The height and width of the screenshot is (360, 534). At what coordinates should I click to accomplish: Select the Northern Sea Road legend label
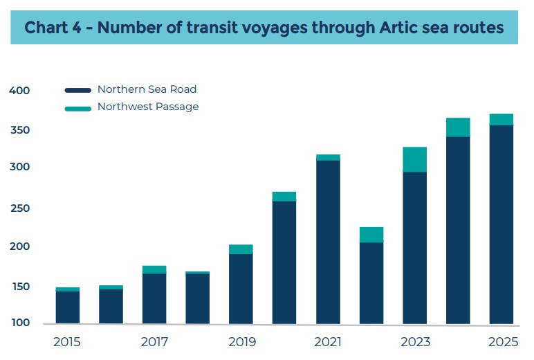tap(147, 89)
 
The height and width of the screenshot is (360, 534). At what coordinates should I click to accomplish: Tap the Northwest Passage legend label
tap(148, 107)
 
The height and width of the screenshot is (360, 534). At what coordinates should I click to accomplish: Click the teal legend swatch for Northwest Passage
tap(78, 108)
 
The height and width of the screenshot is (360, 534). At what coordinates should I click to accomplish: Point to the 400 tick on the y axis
tap(20, 91)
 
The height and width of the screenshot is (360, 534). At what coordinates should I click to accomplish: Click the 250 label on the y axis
tap(20, 208)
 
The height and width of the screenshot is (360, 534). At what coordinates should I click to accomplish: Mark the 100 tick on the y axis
tap(20, 323)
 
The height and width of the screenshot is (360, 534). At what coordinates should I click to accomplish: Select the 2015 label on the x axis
tap(67, 342)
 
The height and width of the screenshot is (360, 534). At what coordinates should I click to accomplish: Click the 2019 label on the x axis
tap(241, 342)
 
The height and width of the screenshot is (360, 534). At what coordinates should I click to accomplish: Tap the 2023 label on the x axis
tap(415, 342)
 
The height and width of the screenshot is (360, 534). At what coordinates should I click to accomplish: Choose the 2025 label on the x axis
tap(501, 342)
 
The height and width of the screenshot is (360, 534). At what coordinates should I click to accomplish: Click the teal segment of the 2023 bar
tap(415, 159)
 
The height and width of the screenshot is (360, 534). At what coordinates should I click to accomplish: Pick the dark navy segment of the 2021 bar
tap(328, 242)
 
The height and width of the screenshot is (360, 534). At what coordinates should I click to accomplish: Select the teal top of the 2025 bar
tap(501, 119)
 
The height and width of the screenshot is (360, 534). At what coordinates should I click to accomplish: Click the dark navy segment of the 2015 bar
tap(67, 307)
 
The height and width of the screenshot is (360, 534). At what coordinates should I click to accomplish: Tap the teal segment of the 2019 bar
tap(241, 249)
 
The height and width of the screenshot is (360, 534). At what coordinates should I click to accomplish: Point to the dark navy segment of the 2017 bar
tap(154, 298)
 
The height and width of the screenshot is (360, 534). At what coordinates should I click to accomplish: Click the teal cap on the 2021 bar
tap(328, 157)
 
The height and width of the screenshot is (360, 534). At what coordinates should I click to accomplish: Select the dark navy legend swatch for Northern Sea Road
tap(78, 91)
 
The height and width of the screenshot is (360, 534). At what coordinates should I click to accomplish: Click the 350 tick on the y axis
tap(20, 130)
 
